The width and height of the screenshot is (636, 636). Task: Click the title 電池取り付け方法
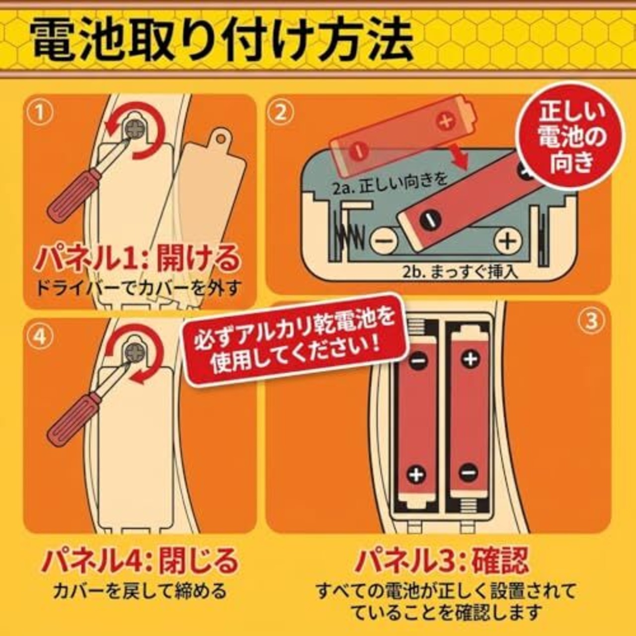pyautogui.click(x=223, y=41)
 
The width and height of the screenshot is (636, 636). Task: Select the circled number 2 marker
pyautogui.click(x=281, y=113)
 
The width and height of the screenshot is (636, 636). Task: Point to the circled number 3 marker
pyautogui.click(x=592, y=320)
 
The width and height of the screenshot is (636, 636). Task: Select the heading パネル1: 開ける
pyautogui.click(x=139, y=258)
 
